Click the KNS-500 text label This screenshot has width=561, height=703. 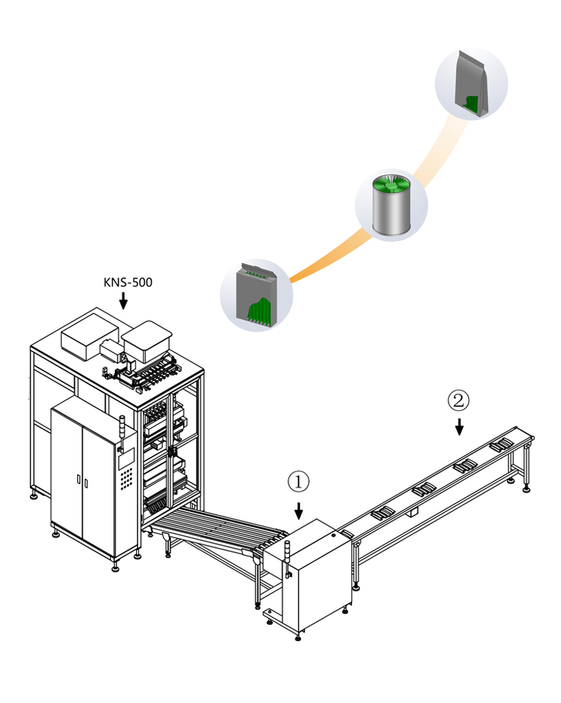click(x=128, y=283)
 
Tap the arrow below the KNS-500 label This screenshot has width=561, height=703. click(x=123, y=301)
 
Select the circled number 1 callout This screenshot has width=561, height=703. click(x=298, y=482)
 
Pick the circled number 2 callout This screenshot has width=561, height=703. click(x=458, y=401)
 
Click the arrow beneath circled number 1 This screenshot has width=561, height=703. click(x=299, y=509)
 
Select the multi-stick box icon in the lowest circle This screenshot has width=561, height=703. click(x=257, y=295)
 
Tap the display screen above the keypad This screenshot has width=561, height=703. click(x=127, y=458)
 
